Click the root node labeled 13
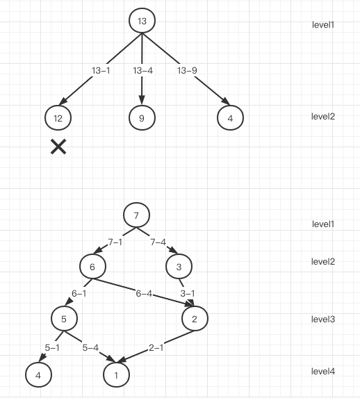tap(142, 21)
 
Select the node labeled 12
tap(58, 118)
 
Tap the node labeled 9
tap(142, 118)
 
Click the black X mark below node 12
tap(58, 147)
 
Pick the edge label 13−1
tap(101, 70)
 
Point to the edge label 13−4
tap(142, 70)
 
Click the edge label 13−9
tap(187, 70)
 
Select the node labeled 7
tap(136, 215)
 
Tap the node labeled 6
tap(92, 267)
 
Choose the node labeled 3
tap(179, 267)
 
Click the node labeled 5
tap(64, 319)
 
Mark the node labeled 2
tap(195, 319)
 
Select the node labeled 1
tap(116, 375)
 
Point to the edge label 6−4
tap(144, 293)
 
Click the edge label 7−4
tap(158, 242)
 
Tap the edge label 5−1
tap(52, 347)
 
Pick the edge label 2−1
tap(156, 347)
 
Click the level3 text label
tap(323, 319)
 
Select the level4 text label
tap(323, 372)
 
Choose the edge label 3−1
tap(188, 293)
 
